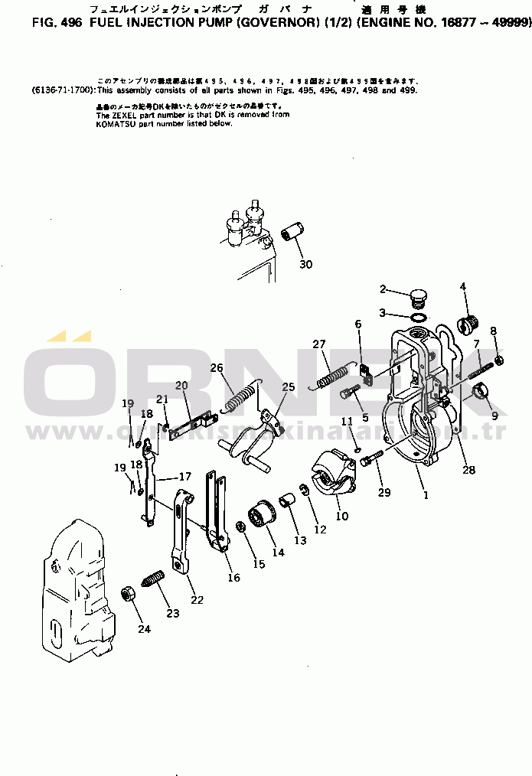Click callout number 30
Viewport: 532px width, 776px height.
306,265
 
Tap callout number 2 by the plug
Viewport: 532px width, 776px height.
384,289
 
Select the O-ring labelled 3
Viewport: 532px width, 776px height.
418,316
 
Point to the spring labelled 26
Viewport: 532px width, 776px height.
240,398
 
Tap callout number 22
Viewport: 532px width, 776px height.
197,600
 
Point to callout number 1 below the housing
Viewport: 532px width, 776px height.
426,495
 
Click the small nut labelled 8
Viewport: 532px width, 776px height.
499,360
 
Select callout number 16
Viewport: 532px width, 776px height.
234,578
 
